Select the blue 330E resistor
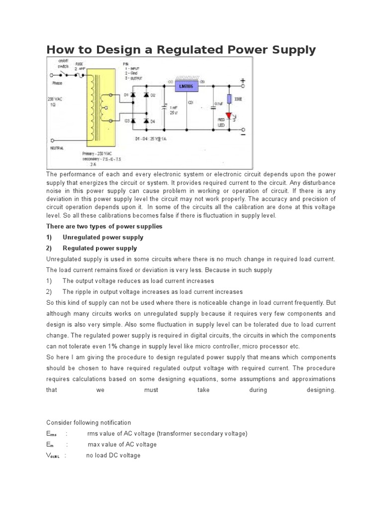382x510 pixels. (x=229, y=99)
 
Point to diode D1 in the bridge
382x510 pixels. (x=134, y=95)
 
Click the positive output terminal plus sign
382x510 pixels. (x=243, y=80)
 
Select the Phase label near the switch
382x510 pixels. (x=57, y=83)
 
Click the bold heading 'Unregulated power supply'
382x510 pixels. (x=103, y=237)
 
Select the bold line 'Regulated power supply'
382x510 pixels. (x=99, y=248)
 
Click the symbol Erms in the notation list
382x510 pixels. (x=52, y=434)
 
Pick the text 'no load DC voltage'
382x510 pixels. (x=113, y=455)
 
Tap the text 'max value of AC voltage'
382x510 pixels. (x=122, y=444)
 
